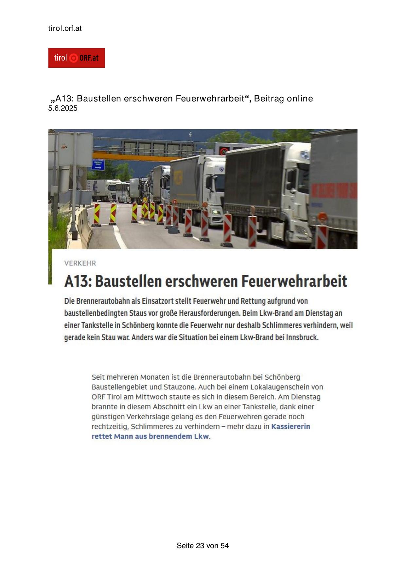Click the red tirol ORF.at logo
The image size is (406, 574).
tap(76, 58)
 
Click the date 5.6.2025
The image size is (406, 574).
tap(63, 108)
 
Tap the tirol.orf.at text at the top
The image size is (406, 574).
tap(65, 28)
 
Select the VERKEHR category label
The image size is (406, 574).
tap(80, 263)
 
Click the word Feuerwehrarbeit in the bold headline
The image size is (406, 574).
tap(294, 281)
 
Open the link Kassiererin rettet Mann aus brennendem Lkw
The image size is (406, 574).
tap(201, 431)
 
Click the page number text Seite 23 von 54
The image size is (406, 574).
tap(203, 546)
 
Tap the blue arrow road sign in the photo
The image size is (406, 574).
tap(98, 164)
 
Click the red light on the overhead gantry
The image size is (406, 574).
tap(223, 152)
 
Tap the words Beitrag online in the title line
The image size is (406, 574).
tap(283, 99)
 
